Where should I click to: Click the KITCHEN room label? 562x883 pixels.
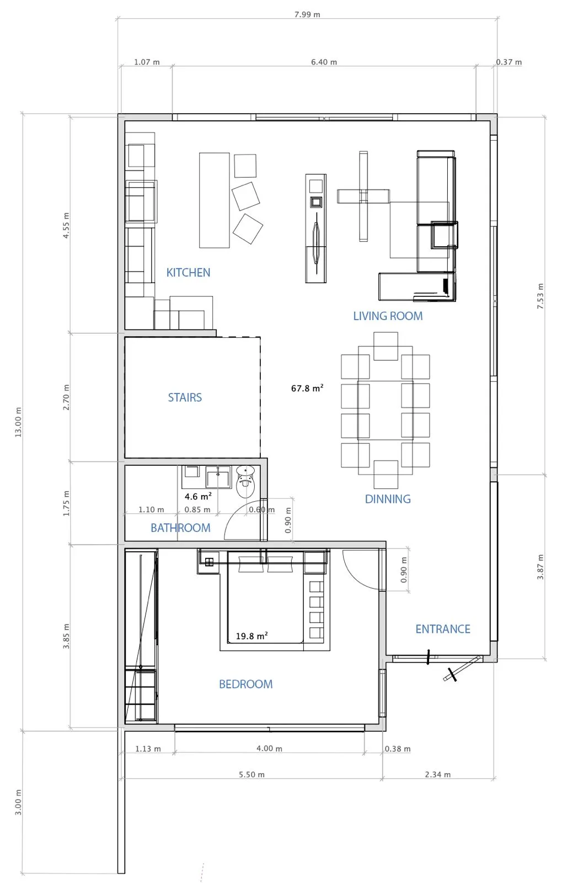[x=188, y=273]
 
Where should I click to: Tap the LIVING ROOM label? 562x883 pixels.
[x=388, y=316]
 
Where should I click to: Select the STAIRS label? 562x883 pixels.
[x=185, y=397]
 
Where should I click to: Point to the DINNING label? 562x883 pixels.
[x=388, y=499]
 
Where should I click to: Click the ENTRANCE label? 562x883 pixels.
[x=443, y=629]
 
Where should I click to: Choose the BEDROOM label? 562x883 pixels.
[x=246, y=684]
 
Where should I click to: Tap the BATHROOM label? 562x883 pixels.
[x=180, y=528]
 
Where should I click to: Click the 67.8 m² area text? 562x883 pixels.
[x=307, y=389]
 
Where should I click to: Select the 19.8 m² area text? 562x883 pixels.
[x=252, y=636]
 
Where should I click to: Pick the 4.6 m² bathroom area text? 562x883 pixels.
[x=198, y=496]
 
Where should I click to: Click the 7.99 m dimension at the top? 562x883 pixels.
[x=307, y=14]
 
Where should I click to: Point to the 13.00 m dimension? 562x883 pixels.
[x=18, y=422]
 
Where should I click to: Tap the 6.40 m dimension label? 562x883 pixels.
[x=324, y=62]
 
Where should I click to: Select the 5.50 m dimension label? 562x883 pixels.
[x=251, y=775]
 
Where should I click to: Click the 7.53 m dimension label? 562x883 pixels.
[x=540, y=296]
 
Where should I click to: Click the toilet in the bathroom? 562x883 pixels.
[x=246, y=481]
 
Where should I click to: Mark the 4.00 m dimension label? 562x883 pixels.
[x=269, y=748]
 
